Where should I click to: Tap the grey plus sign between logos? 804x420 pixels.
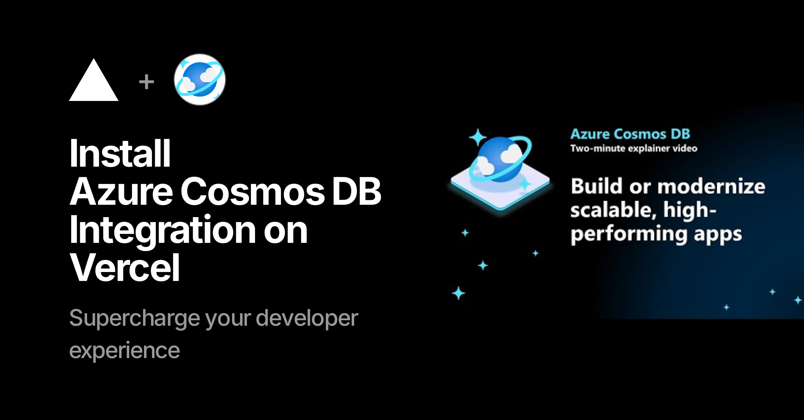click(147, 82)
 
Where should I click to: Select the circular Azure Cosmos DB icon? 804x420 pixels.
click(200, 79)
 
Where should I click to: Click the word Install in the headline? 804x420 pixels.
click(120, 153)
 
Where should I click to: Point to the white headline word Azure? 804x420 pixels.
click(121, 191)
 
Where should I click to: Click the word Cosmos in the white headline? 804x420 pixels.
click(253, 191)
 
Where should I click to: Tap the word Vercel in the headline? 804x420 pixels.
click(125, 268)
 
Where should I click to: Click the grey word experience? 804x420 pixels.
click(125, 351)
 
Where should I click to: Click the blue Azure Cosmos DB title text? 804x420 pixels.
click(630, 134)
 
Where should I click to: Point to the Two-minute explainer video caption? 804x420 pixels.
click(634, 148)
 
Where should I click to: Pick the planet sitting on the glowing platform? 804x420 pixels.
click(500, 160)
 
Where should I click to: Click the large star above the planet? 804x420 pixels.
click(478, 137)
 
